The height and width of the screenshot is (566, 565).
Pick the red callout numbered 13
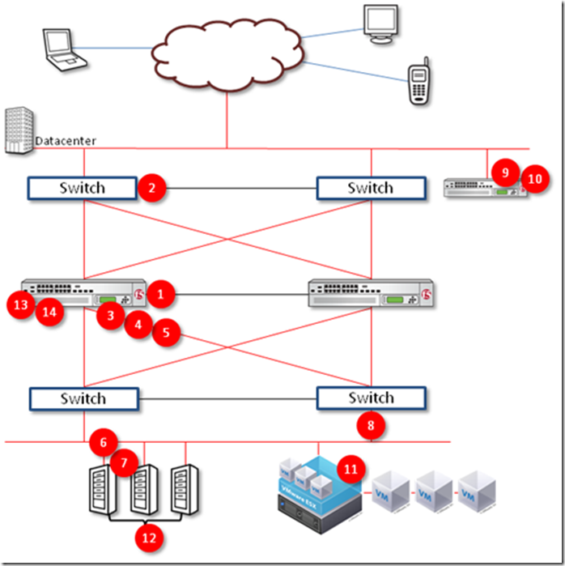click(19, 304)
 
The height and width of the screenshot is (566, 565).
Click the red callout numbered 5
click(167, 332)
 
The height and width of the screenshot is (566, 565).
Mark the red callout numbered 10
click(534, 178)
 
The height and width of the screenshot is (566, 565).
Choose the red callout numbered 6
click(103, 442)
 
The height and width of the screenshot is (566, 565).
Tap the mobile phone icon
click(418, 81)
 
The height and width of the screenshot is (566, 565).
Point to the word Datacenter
click(66, 141)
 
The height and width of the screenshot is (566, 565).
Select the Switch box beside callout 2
click(83, 188)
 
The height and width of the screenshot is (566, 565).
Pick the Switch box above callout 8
click(371, 398)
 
